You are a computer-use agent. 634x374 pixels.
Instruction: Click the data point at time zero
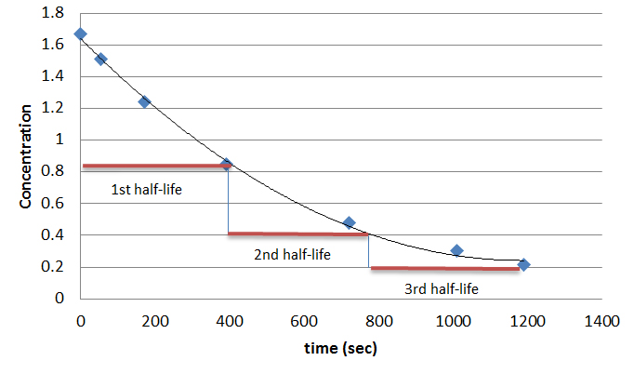[x=81, y=34]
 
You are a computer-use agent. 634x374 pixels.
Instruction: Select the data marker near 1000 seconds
[x=456, y=250]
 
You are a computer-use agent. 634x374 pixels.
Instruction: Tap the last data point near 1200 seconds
[x=523, y=265]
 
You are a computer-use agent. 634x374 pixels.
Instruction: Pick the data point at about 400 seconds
[x=226, y=165]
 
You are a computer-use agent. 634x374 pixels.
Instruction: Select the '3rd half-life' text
[x=441, y=289]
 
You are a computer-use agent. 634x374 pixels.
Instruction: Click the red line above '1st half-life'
[x=153, y=166]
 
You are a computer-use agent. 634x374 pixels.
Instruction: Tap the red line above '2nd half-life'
[x=297, y=234]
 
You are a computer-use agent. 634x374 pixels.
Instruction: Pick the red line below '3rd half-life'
[x=444, y=269]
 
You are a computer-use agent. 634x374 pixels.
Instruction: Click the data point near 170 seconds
[x=144, y=101]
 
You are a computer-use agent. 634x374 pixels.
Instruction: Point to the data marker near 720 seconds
[x=349, y=223]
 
